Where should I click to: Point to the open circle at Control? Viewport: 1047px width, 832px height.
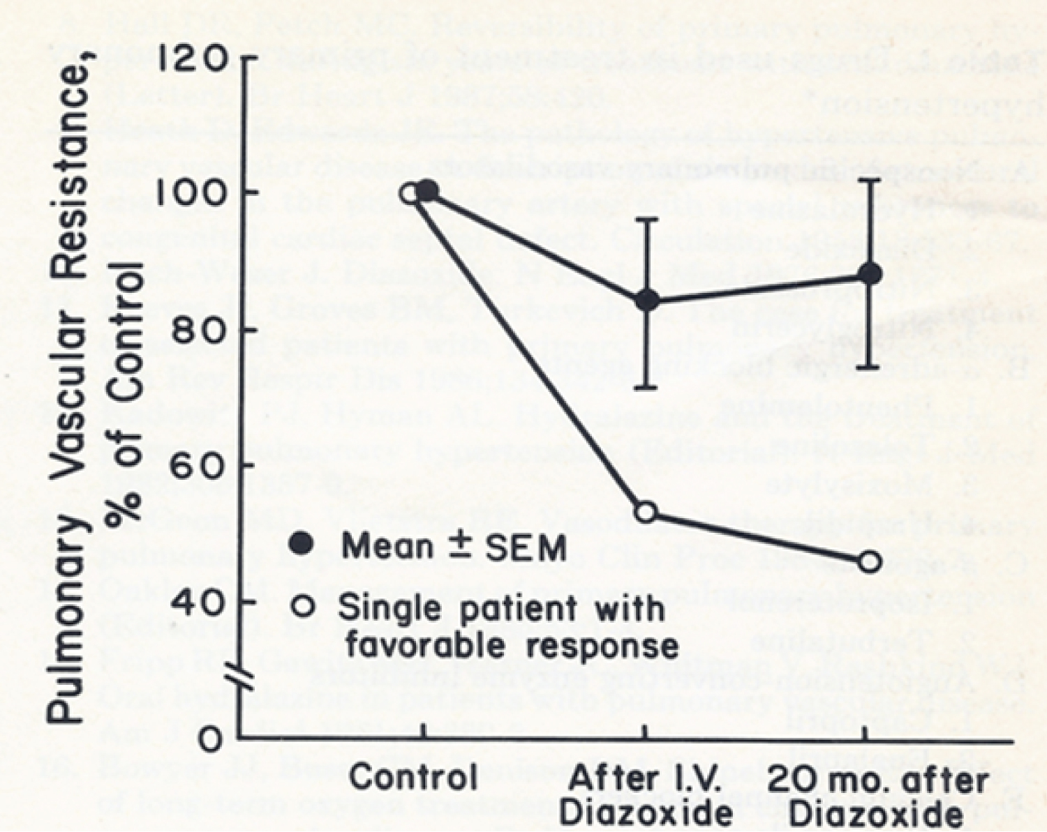pos(410,193)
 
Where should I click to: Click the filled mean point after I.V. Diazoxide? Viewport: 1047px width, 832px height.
pos(647,301)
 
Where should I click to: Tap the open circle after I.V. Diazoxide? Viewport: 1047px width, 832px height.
pos(647,512)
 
